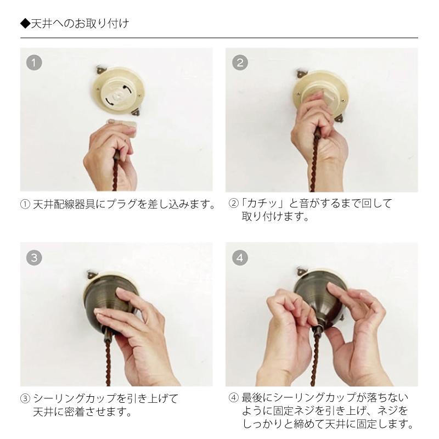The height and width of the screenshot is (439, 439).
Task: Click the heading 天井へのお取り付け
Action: point(79,24)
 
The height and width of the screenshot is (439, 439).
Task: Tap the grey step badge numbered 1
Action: point(34,62)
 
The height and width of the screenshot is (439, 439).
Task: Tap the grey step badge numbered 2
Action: point(240,62)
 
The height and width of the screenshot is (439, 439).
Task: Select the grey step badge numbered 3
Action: point(34,257)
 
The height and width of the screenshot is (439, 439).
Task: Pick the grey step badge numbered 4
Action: point(240,257)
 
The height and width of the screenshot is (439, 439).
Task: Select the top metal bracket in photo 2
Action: point(302,72)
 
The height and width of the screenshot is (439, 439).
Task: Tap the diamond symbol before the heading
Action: point(24,24)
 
